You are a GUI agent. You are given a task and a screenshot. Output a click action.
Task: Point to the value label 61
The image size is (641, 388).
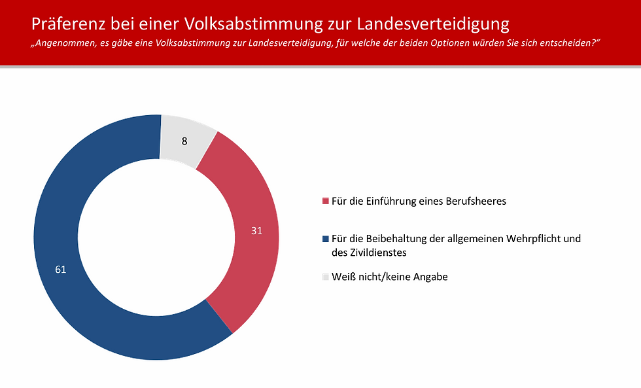pyautogui.click(x=61, y=269)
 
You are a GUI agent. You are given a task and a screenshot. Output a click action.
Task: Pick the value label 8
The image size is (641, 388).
pyautogui.click(x=185, y=141)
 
